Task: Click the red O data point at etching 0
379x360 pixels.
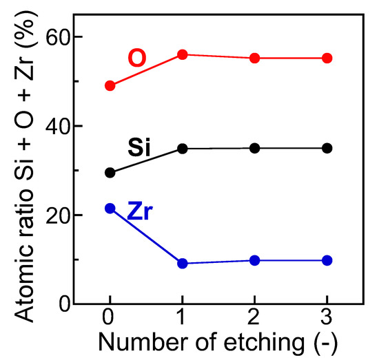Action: click(110, 85)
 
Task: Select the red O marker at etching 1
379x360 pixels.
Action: click(183, 54)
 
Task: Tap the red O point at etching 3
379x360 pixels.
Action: click(327, 58)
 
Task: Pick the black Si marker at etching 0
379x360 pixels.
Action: click(110, 172)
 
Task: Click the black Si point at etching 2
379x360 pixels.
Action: click(255, 148)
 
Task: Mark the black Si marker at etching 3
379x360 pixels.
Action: click(327, 148)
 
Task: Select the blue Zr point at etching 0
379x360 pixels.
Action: click(110, 208)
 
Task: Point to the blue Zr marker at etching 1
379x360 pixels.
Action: click(183, 263)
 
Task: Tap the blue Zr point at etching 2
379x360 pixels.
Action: click(255, 260)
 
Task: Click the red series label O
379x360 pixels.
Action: click(137, 59)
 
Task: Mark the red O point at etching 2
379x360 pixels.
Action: click(255, 58)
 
